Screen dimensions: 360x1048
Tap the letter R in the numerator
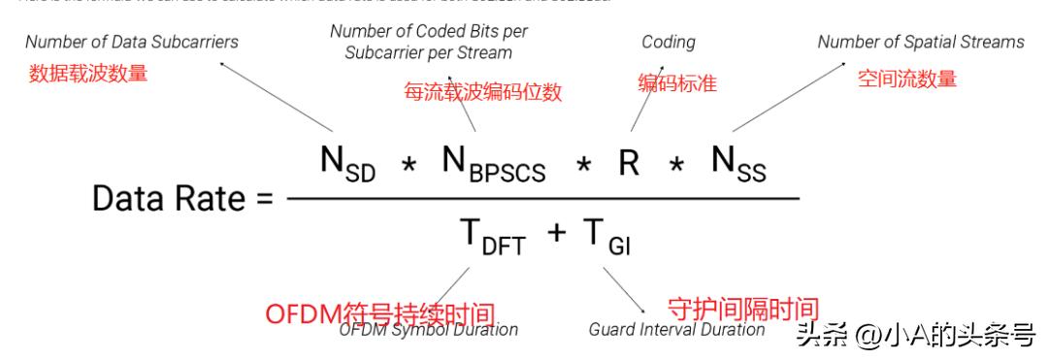(x=629, y=162)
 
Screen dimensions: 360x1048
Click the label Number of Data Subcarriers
(x=132, y=42)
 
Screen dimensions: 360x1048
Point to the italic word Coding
(x=668, y=42)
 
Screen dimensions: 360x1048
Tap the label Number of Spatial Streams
(x=920, y=42)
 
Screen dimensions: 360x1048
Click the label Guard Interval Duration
(x=676, y=329)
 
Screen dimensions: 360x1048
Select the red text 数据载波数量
(x=88, y=73)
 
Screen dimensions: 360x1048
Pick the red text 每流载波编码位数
(x=483, y=93)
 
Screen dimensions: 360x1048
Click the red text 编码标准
(x=677, y=83)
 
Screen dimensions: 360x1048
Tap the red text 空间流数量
(x=907, y=79)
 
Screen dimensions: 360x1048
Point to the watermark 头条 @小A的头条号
(x=915, y=335)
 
